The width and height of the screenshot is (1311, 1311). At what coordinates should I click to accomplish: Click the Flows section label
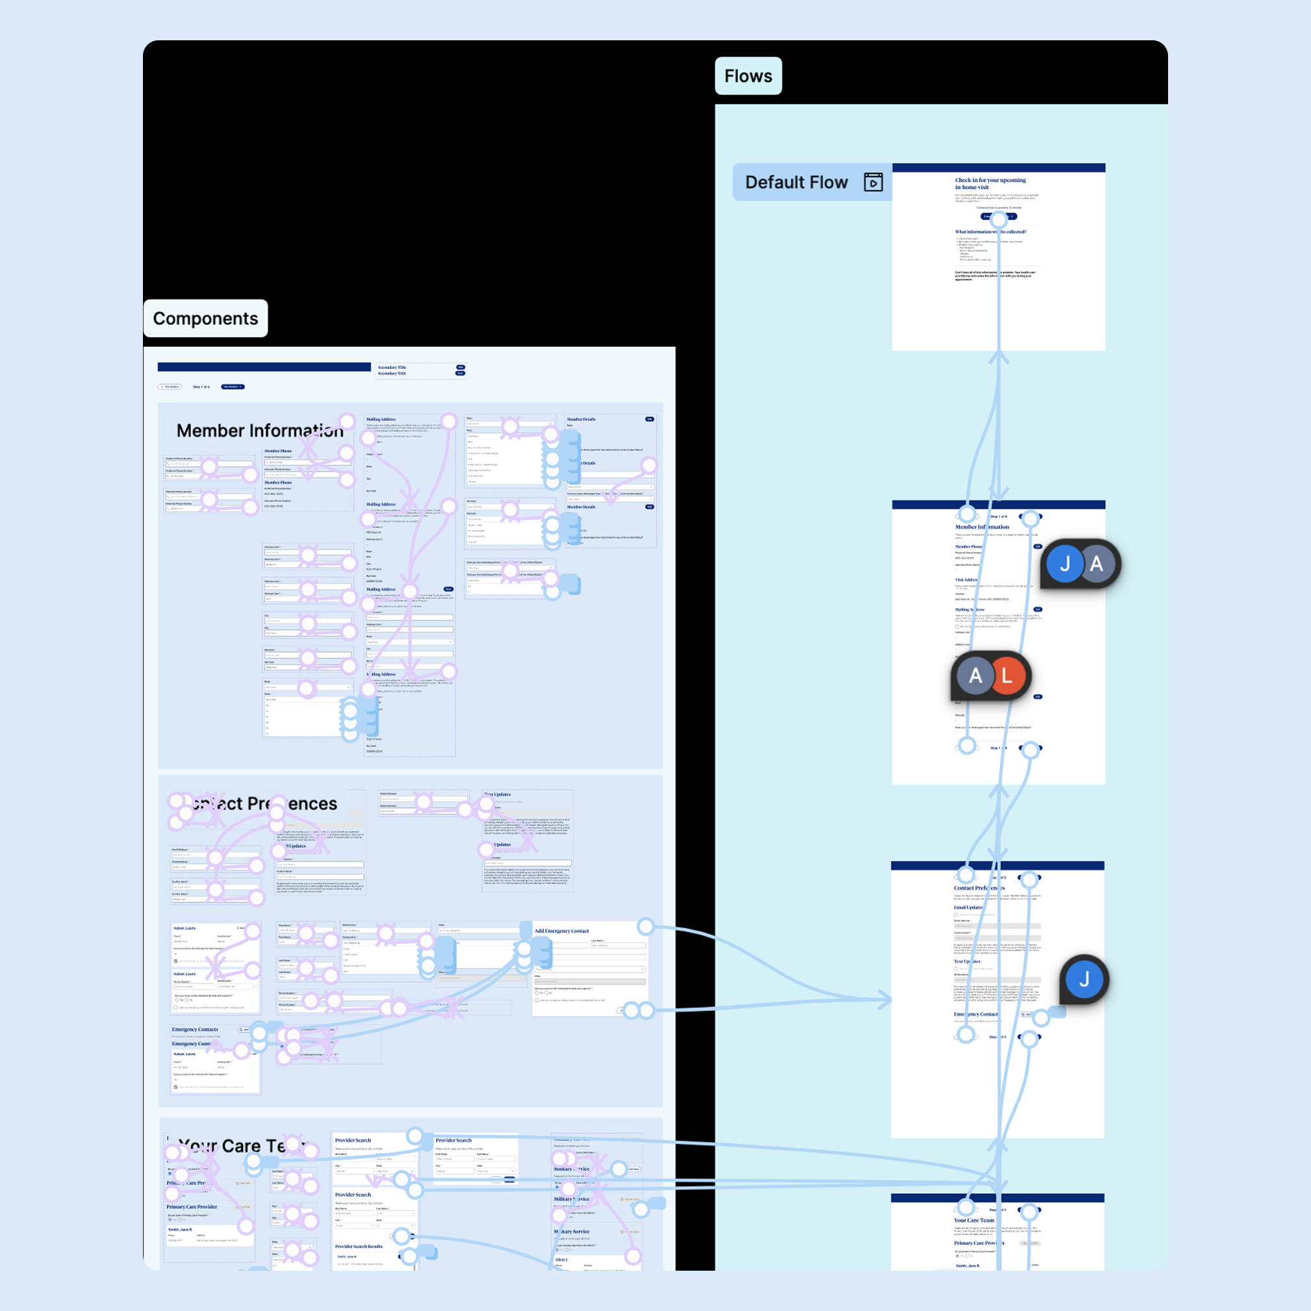pos(748,76)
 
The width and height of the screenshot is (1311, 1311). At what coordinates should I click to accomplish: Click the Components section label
pos(205,318)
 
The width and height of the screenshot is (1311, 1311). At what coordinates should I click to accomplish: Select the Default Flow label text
pos(796,183)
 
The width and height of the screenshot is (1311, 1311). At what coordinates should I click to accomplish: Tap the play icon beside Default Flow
pos(872,183)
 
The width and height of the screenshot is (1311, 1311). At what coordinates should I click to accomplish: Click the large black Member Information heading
pos(259,431)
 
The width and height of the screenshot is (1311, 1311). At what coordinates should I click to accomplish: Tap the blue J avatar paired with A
pos(1065,564)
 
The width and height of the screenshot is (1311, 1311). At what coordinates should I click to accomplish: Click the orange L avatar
pos(1007,676)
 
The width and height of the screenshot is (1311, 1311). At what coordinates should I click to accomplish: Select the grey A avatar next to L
pos(975,676)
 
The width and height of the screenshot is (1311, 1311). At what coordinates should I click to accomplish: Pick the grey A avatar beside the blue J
pos(1097,564)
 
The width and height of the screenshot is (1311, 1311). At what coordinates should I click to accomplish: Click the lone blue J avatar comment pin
pos(1084,979)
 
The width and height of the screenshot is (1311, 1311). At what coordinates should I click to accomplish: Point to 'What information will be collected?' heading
pos(990,231)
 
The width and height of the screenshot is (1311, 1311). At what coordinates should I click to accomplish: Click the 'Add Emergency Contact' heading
pos(561,931)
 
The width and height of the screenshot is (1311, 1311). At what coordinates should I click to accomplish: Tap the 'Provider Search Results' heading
pos(359,1247)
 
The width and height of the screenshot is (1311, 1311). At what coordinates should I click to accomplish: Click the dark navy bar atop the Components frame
pos(264,367)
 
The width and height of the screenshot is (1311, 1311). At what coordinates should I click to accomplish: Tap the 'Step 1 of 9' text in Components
pos(201,387)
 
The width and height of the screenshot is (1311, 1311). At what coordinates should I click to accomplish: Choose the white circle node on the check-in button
pos(998,219)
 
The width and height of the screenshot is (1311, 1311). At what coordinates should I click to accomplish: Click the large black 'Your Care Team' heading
pos(241,1146)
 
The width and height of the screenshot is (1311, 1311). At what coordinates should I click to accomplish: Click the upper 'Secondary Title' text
pos(392,367)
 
